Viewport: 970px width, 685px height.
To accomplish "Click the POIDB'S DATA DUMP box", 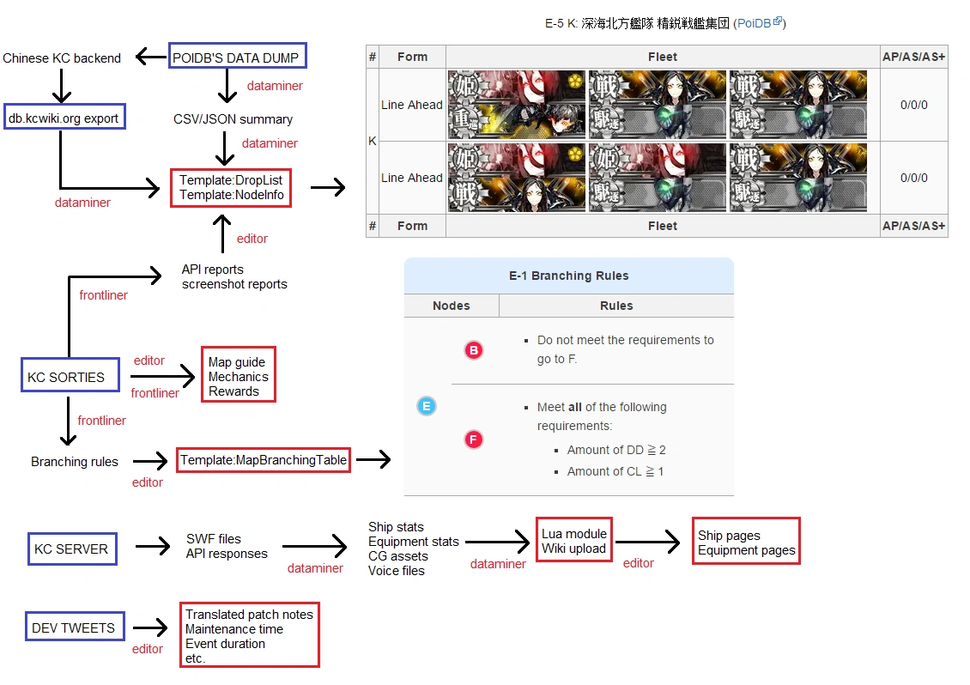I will click(x=237, y=58).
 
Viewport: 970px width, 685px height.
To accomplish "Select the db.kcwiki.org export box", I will click(x=64, y=118).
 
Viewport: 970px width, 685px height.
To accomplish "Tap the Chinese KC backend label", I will click(x=62, y=58).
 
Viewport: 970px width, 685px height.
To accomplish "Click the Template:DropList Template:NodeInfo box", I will click(x=232, y=188).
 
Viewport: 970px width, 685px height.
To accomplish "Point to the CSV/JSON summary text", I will click(x=233, y=119).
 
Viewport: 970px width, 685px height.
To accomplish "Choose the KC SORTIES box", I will click(x=65, y=377).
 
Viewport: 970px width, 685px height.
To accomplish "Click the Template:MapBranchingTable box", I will click(x=264, y=460).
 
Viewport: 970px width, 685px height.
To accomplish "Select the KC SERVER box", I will click(x=71, y=549).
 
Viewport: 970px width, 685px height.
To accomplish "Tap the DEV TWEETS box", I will click(x=73, y=627).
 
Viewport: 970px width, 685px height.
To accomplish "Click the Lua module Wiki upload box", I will click(x=573, y=541).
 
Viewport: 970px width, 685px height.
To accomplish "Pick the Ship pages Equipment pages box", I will click(x=746, y=543).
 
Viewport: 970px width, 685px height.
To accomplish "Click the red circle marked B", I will click(x=474, y=350).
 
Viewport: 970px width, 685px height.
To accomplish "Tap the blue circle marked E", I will click(x=426, y=406).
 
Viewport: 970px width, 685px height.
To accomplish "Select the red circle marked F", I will click(x=474, y=440).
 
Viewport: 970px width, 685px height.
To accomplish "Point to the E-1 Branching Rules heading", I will click(x=568, y=276).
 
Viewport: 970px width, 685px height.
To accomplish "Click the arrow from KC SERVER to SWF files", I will click(x=153, y=548).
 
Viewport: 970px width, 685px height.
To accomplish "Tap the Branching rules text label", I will click(x=75, y=461).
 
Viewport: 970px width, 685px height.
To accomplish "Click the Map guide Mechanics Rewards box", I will click(x=238, y=377).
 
